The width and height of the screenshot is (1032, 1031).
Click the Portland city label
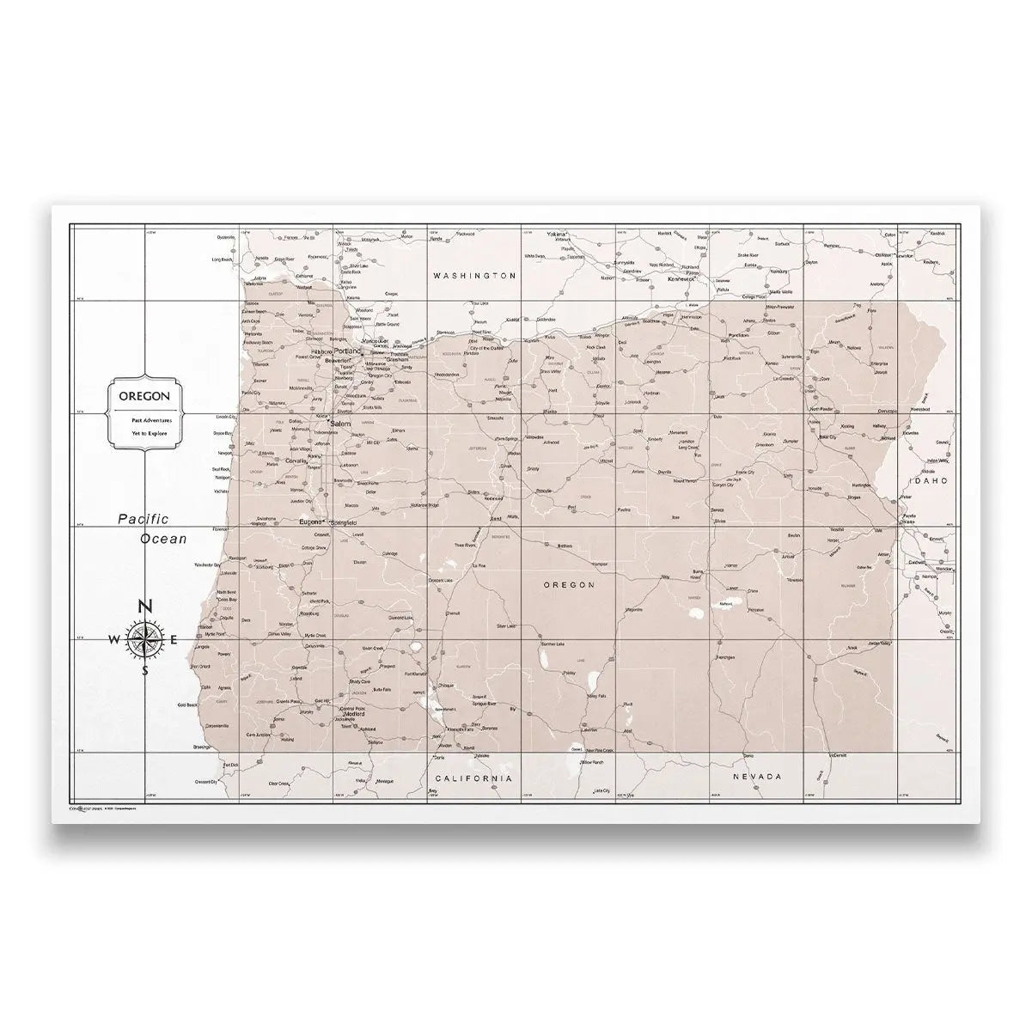348,352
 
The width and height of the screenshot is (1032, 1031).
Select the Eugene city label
309,522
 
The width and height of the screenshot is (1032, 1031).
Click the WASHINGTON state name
474,276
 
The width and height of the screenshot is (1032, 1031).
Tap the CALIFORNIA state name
470,778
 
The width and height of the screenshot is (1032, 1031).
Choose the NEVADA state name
757,776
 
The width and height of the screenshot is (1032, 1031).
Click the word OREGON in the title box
144,396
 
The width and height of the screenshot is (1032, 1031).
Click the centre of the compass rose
145,639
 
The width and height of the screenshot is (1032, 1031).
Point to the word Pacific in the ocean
144,519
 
